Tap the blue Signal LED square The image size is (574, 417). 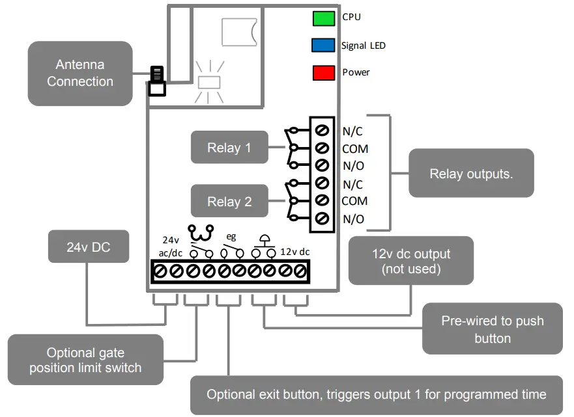click(323, 46)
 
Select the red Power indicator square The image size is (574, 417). click(323, 72)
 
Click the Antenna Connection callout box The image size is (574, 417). click(80, 74)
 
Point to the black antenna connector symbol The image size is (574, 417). click(156, 81)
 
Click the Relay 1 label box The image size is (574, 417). click(229, 148)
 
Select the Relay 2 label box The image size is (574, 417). click(229, 201)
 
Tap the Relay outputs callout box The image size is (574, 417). click(471, 174)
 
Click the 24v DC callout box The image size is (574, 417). click(89, 247)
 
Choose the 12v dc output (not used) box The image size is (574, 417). click(411, 261)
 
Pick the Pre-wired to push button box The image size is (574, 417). click(492, 329)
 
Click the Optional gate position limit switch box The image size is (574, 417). click(85, 360)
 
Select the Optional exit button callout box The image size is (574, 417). click(376, 394)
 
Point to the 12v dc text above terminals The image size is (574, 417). click(295, 251)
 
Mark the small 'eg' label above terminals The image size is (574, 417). click(231, 237)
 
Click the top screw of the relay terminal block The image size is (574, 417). click(321, 131)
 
